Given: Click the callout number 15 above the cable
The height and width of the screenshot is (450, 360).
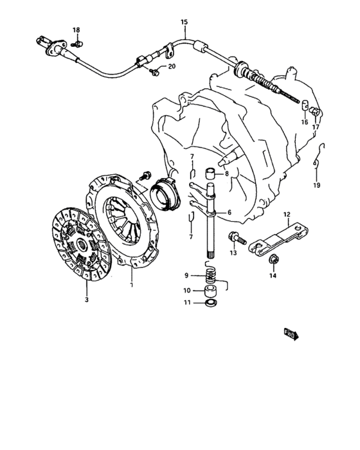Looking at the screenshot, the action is [x=184, y=22].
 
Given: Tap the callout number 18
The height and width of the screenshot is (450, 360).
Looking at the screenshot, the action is [x=76, y=30].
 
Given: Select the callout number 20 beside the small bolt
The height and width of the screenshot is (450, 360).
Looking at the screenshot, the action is [x=172, y=67].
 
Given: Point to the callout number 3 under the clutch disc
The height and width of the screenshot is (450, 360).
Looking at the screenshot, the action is [x=86, y=300].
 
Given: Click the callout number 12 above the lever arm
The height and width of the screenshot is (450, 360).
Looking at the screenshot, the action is [x=287, y=214].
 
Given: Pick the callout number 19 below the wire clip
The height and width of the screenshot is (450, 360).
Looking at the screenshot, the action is [x=316, y=185].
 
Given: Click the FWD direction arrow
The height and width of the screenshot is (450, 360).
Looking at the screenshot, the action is [x=291, y=335].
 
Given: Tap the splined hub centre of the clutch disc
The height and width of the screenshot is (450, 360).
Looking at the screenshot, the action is [x=82, y=244].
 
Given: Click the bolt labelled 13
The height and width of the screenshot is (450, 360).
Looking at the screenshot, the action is [x=237, y=239].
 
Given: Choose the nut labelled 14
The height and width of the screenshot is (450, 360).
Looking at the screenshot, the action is [x=272, y=259].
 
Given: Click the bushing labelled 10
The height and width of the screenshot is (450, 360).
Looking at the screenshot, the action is [x=211, y=292].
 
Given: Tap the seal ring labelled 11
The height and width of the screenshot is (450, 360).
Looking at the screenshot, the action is [x=212, y=303].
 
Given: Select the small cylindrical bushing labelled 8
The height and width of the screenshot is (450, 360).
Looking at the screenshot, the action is [x=210, y=174].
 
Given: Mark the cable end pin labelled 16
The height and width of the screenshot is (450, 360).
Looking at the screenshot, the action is [x=304, y=105].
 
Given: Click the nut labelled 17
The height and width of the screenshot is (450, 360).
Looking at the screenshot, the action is [x=314, y=111].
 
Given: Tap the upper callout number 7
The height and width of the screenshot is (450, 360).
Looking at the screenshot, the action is [x=192, y=157].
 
